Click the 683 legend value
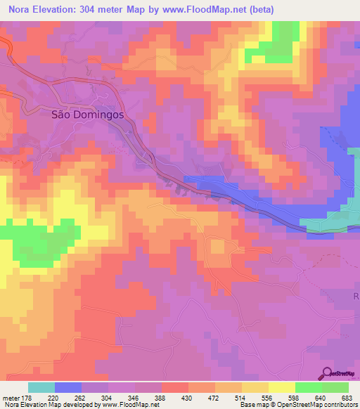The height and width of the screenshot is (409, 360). pyautogui.click(x=347, y=397)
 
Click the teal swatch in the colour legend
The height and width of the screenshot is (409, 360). pyautogui.click(x=41, y=387)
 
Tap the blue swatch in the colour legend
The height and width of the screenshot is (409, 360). pyautogui.click(x=68, y=387)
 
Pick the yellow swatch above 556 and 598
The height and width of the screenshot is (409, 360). pyautogui.click(x=281, y=387)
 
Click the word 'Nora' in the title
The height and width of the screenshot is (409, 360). pyautogui.click(x=18, y=10)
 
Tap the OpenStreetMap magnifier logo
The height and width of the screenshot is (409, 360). pyautogui.click(x=327, y=372)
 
